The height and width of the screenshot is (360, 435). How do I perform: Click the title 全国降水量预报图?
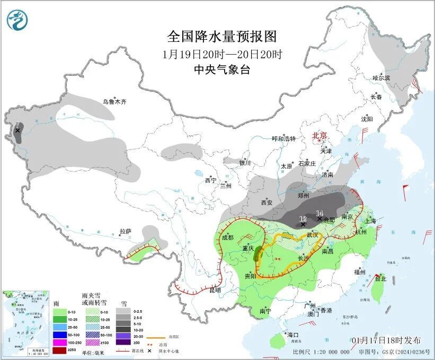222,37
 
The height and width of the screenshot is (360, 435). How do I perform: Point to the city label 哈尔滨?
380,78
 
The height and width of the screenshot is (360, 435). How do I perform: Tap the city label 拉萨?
125,231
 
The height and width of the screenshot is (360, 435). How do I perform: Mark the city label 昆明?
214,290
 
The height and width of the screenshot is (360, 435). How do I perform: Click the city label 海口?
293,335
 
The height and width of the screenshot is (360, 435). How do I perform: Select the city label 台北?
380,278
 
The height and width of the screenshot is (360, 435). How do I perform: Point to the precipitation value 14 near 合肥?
319,213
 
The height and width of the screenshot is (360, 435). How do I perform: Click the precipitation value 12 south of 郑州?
303,218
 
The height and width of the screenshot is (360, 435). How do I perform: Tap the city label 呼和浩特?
283,139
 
